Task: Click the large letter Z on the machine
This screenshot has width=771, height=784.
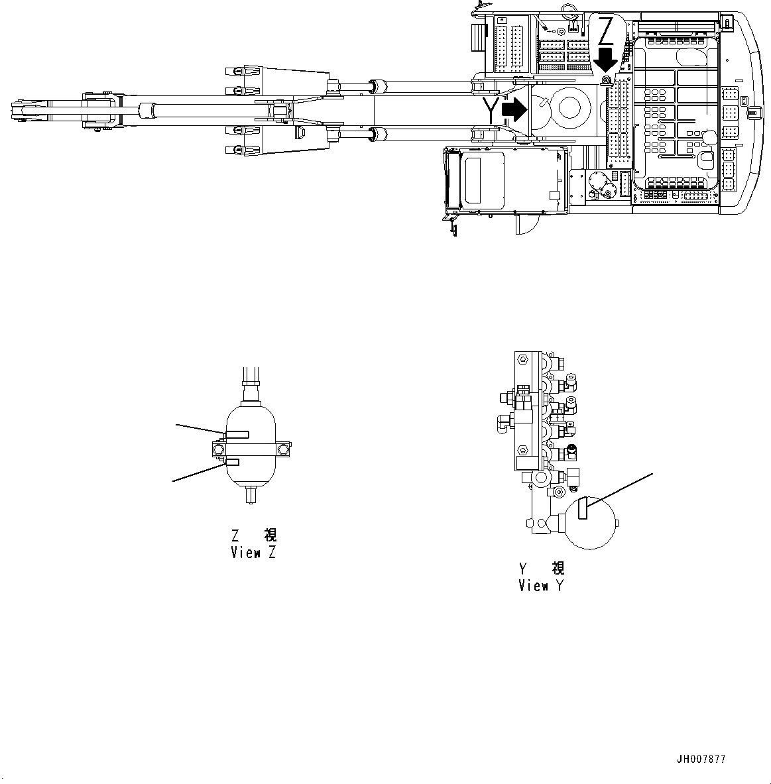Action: pyautogui.click(x=606, y=31)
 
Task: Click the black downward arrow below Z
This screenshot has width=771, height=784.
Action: pyautogui.click(x=605, y=60)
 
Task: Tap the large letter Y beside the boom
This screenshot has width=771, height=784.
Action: pyautogui.click(x=491, y=109)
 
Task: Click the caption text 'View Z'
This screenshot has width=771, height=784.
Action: pyautogui.click(x=253, y=553)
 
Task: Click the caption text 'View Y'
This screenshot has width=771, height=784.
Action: pyautogui.click(x=542, y=586)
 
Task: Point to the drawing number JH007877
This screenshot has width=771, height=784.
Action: pyautogui.click(x=701, y=759)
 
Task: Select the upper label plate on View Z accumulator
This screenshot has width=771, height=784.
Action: pyautogui.click(x=237, y=434)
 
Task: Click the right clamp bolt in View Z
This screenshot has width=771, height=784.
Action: pyautogui.click(x=284, y=449)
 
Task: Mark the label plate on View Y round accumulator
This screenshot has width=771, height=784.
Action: pyautogui.click(x=583, y=509)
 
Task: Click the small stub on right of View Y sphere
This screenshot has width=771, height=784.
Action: pyautogui.click(x=618, y=525)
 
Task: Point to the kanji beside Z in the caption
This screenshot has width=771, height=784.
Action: pyautogui.click(x=270, y=535)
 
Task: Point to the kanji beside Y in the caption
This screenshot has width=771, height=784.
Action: pyautogui.click(x=558, y=569)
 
